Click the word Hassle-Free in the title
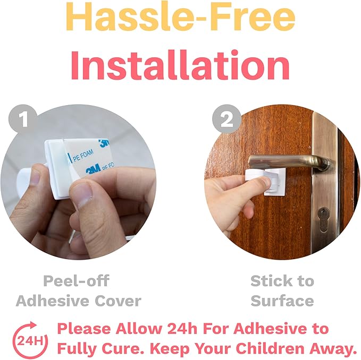(x=181, y=16)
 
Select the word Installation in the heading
(x=181, y=65)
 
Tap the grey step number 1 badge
(x=23, y=119)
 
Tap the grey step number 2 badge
(x=227, y=119)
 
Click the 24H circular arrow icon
(x=30, y=340)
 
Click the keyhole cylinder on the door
(x=324, y=220)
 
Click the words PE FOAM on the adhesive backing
(x=83, y=156)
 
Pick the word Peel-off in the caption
(x=76, y=281)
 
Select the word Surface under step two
(x=282, y=301)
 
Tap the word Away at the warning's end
(x=331, y=348)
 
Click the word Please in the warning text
(x=85, y=328)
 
